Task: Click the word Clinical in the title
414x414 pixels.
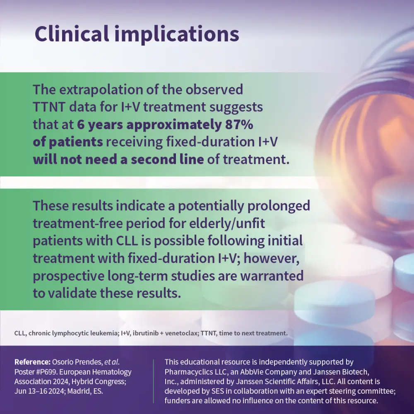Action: click(x=72, y=34)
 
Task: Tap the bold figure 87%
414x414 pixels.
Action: click(x=239, y=124)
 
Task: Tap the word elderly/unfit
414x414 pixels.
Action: click(x=227, y=224)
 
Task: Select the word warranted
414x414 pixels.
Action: click(x=272, y=276)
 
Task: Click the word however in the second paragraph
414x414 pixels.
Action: click(x=272, y=258)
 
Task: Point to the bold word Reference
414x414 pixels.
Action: click(x=32, y=362)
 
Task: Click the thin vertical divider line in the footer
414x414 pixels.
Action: click(x=153, y=381)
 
